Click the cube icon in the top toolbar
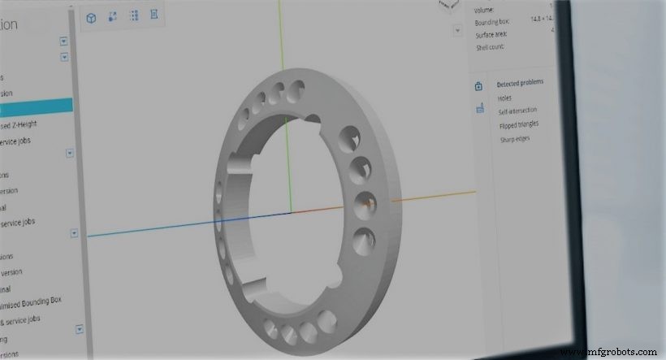tap(91, 17)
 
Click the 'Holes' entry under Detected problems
tap(505, 97)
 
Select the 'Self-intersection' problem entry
tap(517, 111)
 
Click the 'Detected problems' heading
tap(521, 83)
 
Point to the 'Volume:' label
tap(484, 10)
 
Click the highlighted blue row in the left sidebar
tap(36, 107)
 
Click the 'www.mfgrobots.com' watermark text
tap(610, 351)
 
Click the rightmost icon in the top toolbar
tap(154, 17)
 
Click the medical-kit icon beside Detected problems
tap(479, 85)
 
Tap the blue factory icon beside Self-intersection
tap(479, 108)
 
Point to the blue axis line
tap(187, 224)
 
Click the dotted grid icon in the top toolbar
tap(133, 17)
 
